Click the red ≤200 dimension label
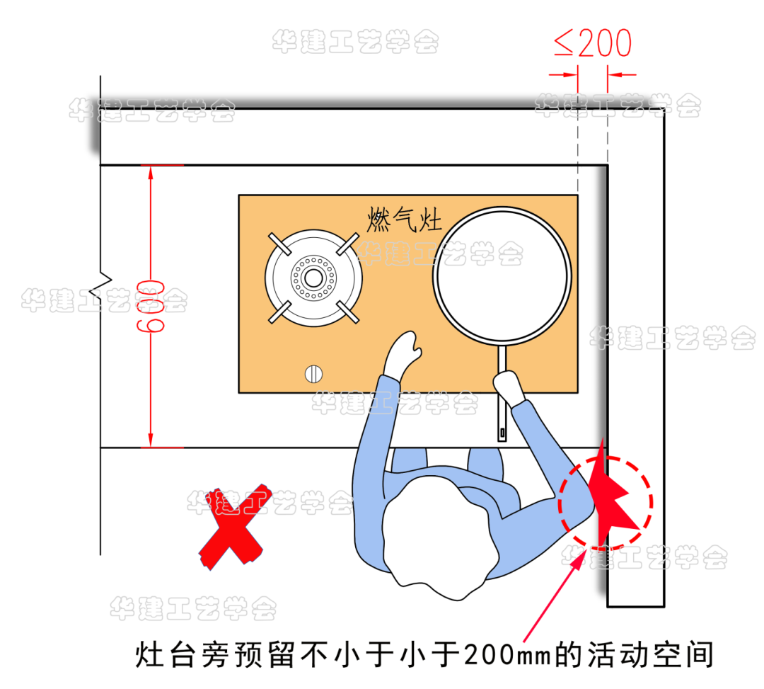[x=593, y=42]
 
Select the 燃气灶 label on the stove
[x=404, y=219]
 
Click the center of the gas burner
[x=313, y=278]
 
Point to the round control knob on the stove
[x=313, y=374]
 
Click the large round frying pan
[x=502, y=275]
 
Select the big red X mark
[x=235, y=527]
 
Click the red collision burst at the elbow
[x=611, y=497]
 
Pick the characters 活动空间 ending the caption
[x=651, y=655]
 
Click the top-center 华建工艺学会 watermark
[x=356, y=42]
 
